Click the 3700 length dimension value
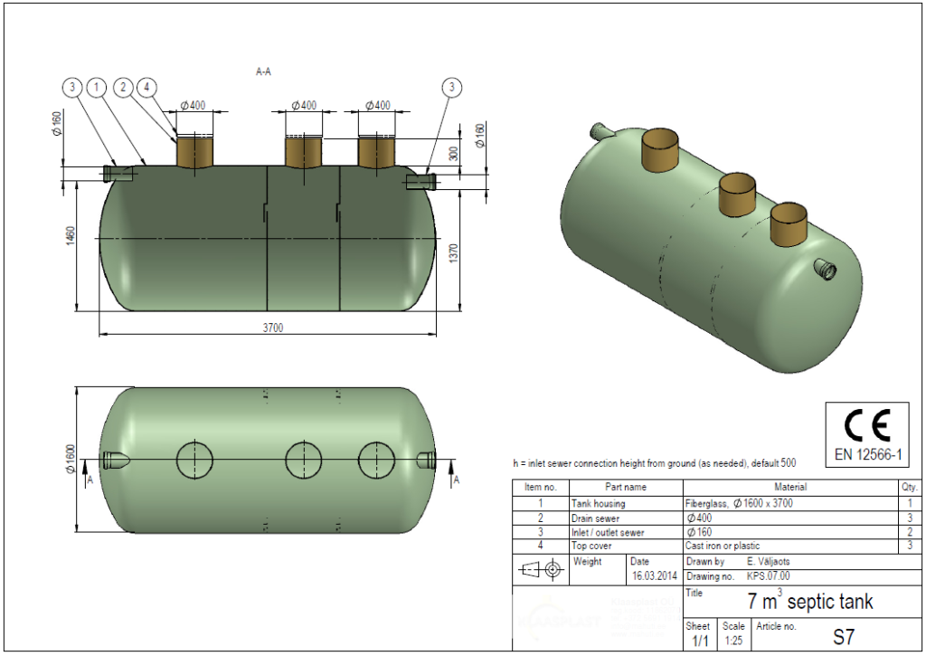point(273,328)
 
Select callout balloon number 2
point(124,87)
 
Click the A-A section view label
point(263,71)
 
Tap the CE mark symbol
point(867,424)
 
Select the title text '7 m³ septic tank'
point(810,601)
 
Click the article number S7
point(843,637)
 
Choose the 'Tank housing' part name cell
point(598,503)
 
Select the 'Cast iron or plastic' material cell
point(722,547)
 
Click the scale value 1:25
point(733,641)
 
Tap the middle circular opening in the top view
point(303,460)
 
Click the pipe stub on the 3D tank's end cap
point(825,268)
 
